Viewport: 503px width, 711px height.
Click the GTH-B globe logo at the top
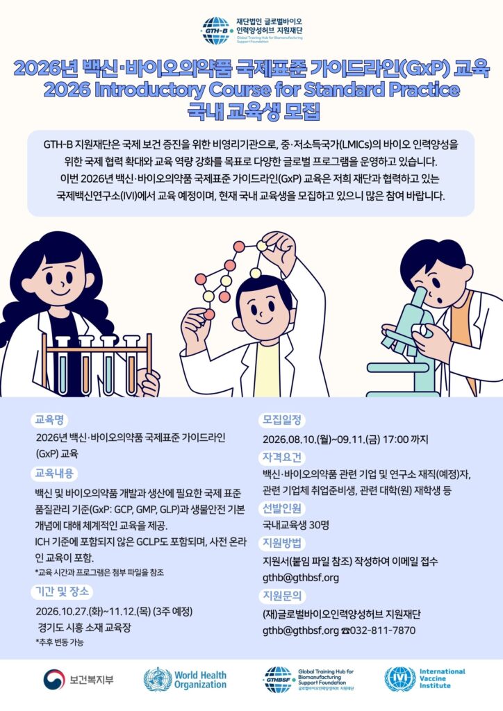click(217, 31)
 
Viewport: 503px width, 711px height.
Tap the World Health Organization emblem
click(158, 679)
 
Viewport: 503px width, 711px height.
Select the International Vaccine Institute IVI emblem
click(400, 679)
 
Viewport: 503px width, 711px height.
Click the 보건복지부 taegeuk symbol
click(54, 680)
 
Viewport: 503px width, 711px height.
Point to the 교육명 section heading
click(49, 420)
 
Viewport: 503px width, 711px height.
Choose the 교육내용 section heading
click(54, 474)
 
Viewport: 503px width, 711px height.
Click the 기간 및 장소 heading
click(62, 592)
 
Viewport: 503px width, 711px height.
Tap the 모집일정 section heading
click(281, 420)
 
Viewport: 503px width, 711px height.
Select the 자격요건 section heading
click(281, 457)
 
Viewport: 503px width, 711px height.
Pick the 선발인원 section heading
click(281, 508)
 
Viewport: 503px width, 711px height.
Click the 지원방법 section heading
click(281, 543)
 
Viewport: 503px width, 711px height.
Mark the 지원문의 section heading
click(281, 595)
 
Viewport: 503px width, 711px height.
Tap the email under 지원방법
click(301, 578)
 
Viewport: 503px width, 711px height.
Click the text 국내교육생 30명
click(296, 525)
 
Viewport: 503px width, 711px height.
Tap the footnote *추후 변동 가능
click(60, 642)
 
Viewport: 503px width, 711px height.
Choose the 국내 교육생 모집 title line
click(254, 112)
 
